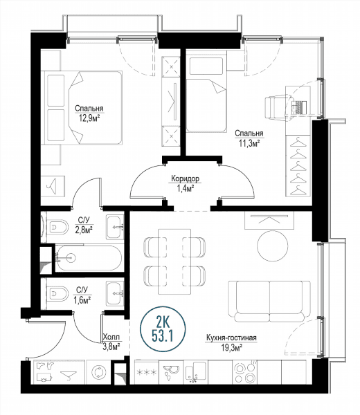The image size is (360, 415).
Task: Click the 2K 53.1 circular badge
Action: (x=163, y=329)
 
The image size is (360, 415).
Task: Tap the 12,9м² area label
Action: (x=89, y=118)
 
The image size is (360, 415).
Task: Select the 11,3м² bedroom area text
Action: (x=249, y=143)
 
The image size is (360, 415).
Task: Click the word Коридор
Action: (x=185, y=178)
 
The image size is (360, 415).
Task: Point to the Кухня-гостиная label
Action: (x=231, y=338)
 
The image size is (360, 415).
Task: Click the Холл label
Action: (x=111, y=337)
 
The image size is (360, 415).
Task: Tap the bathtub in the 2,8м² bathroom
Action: (x=89, y=258)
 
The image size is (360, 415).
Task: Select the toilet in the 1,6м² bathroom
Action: (x=57, y=293)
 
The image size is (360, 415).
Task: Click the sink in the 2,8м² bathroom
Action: (x=115, y=227)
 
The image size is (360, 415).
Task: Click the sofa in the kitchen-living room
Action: (x=269, y=302)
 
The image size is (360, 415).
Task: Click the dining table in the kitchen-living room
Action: (x=174, y=261)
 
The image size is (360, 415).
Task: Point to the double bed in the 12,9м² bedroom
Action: (x=83, y=107)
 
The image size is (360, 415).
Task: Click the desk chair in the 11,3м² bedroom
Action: (x=277, y=109)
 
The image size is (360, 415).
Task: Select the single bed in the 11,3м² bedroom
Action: (x=206, y=91)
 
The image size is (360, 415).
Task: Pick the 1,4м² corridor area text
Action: (x=185, y=188)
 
